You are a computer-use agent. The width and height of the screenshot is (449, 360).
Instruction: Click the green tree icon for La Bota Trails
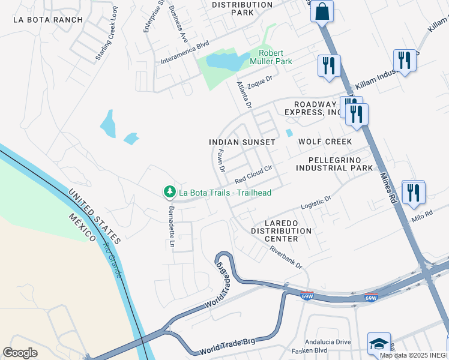170,192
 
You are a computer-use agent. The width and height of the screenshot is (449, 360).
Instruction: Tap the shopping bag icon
322,11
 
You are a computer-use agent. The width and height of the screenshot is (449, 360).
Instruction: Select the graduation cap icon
379,343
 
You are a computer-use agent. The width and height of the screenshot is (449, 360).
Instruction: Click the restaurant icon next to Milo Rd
413,193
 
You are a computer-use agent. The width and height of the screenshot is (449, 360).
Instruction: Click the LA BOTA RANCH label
48,20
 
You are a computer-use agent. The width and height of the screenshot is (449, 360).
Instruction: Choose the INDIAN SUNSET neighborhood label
242,142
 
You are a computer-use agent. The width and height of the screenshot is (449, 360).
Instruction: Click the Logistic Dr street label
316,202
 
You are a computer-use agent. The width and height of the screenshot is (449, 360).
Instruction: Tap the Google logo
20,353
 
